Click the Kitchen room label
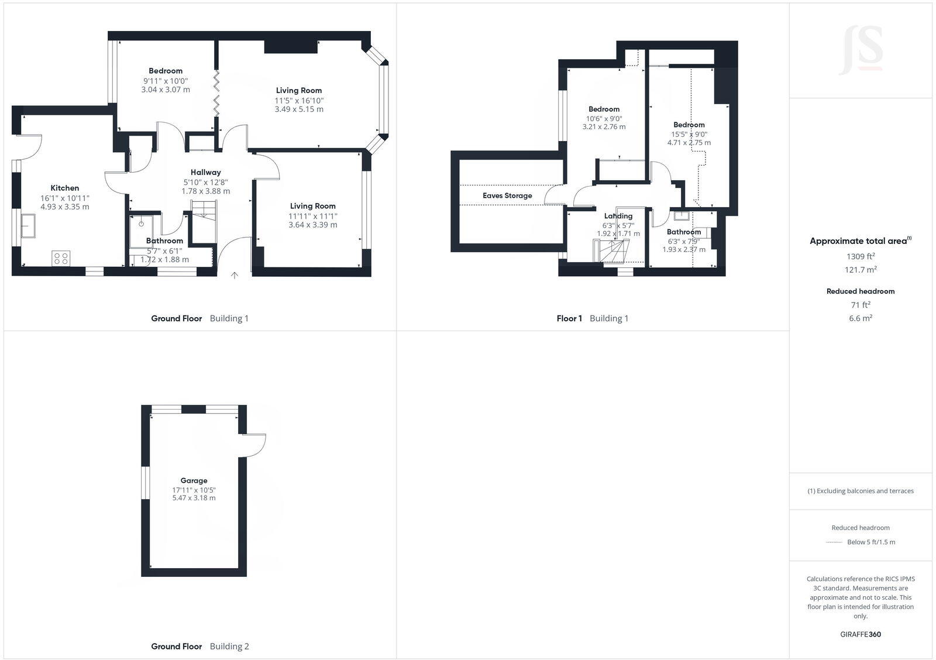click(x=64, y=188)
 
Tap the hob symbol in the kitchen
click(x=61, y=257)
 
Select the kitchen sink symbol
click(x=27, y=226)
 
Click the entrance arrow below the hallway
click(x=235, y=275)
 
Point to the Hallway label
click(x=205, y=172)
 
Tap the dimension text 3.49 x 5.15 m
click(x=299, y=109)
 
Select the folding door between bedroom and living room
click(x=216, y=94)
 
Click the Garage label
click(x=194, y=480)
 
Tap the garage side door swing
click(x=255, y=445)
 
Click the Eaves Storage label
click(x=507, y=195)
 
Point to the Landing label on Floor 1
click(x=618, y=216)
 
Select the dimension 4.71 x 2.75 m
click(x=689, y=143)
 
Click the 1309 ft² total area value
click(x=860, y=256)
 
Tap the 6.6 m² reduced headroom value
click(x=860, y=318)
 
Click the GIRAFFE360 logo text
click(x=860, y=634)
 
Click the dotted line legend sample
click(x=834, y=542)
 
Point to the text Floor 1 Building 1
click(x=592, y=318)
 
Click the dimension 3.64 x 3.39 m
click(x=312, y=225)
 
